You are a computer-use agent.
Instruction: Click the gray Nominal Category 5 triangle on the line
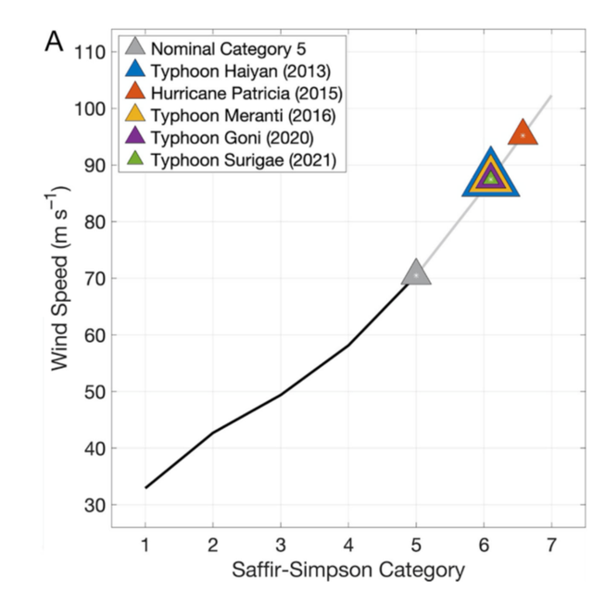point(416,273)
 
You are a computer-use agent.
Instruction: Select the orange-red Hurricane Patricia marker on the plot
point(523,134)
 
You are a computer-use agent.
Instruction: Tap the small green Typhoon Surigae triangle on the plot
point(491,177)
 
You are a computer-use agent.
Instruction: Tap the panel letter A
point(54,41)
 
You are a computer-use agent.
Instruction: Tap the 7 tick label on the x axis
point(551,542)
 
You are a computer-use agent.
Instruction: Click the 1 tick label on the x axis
point(145,542)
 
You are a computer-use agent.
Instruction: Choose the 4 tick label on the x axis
point(348,542)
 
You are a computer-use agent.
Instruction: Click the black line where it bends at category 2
point(213,433)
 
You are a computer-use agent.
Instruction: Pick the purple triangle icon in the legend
point(135,138)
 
